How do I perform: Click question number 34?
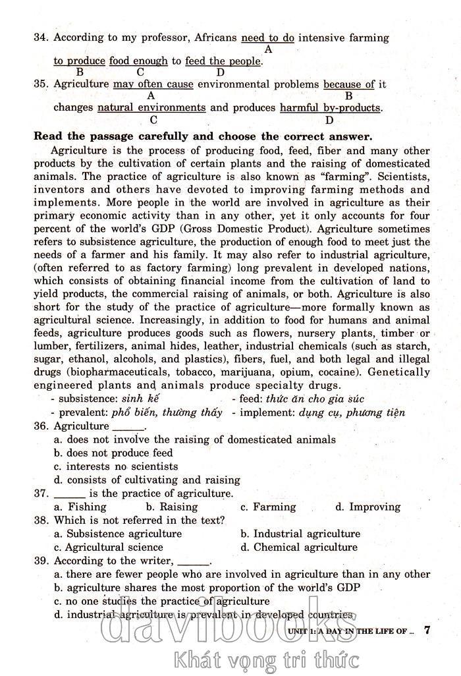tap(41, 38)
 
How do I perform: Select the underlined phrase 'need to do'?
tap(268, 38)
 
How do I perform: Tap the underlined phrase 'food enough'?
tap(138, 61)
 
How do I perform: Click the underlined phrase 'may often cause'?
tap(153, 84)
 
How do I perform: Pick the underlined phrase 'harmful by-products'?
tap(330, 107)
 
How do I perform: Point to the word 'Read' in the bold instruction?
tap(47, 137)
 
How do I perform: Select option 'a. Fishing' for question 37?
tap(80, 507)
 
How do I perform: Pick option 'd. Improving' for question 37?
tap(367, 507)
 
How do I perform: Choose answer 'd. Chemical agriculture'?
tap(299, 547)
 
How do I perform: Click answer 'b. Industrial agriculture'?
tap(300, 534)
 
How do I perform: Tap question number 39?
tap(41, 561)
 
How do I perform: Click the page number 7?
tap(427, 630)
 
